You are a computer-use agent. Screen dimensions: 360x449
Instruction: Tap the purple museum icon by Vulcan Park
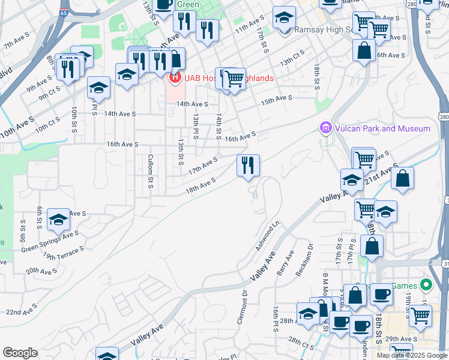click(x=325, y=128)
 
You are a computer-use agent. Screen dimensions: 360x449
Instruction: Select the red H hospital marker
click(x=175, y=78)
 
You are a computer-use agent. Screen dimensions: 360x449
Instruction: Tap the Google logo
click(x=20, y=353)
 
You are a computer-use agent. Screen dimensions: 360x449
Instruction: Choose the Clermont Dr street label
click(x=243, y=307)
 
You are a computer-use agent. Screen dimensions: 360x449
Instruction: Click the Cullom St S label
click(x=150, y=170)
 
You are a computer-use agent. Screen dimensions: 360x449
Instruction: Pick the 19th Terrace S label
click(x=63, y=252)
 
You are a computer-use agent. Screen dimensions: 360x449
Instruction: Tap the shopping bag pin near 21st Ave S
click(x=403, y=178)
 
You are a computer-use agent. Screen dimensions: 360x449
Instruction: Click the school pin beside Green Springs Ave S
click(x=59, y=221)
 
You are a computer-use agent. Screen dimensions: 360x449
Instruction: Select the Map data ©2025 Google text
click(x=411, y=355)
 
